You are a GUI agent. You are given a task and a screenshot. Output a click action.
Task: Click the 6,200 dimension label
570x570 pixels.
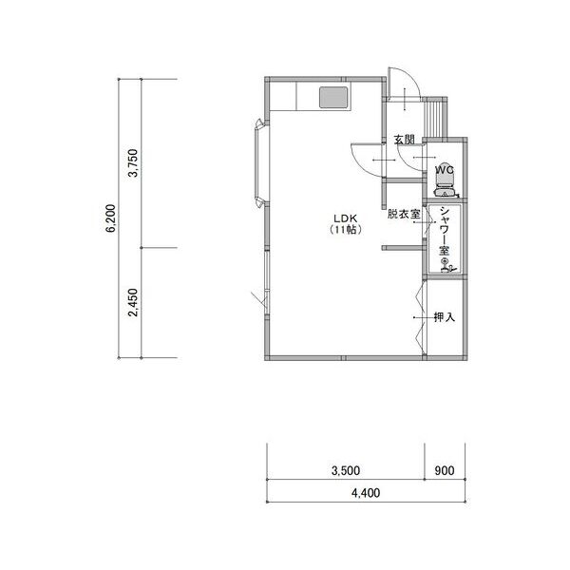(111, 218)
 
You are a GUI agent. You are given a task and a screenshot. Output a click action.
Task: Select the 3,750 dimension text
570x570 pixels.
(133, 162)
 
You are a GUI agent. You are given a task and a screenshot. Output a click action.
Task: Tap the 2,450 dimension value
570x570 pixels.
(133, 303)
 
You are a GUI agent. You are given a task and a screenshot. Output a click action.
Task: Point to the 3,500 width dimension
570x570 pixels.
(346, 471)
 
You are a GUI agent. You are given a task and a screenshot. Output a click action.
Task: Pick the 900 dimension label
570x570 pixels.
(445, 471)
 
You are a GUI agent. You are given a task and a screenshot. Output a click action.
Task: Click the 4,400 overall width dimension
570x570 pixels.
(366, 493)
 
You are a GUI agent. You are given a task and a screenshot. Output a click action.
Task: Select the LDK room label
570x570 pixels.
(346, 218)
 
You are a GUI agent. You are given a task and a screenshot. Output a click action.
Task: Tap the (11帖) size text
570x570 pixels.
(346, 230)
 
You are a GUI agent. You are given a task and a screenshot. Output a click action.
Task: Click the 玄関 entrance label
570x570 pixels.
(405, 140)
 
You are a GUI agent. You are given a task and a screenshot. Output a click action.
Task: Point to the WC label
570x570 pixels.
(445, 170)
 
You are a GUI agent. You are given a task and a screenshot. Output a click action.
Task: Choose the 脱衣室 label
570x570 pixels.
(404, 214)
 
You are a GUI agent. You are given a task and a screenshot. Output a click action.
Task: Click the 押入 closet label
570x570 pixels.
(445, 317)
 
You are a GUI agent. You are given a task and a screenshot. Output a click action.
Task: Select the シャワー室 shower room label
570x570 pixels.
(445, 231)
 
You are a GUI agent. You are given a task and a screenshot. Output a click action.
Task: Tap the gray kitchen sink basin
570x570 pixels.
(333, 98)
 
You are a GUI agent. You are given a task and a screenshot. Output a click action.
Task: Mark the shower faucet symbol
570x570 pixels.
(447, 265)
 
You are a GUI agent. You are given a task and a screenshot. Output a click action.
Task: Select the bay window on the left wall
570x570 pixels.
(260, 162)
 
